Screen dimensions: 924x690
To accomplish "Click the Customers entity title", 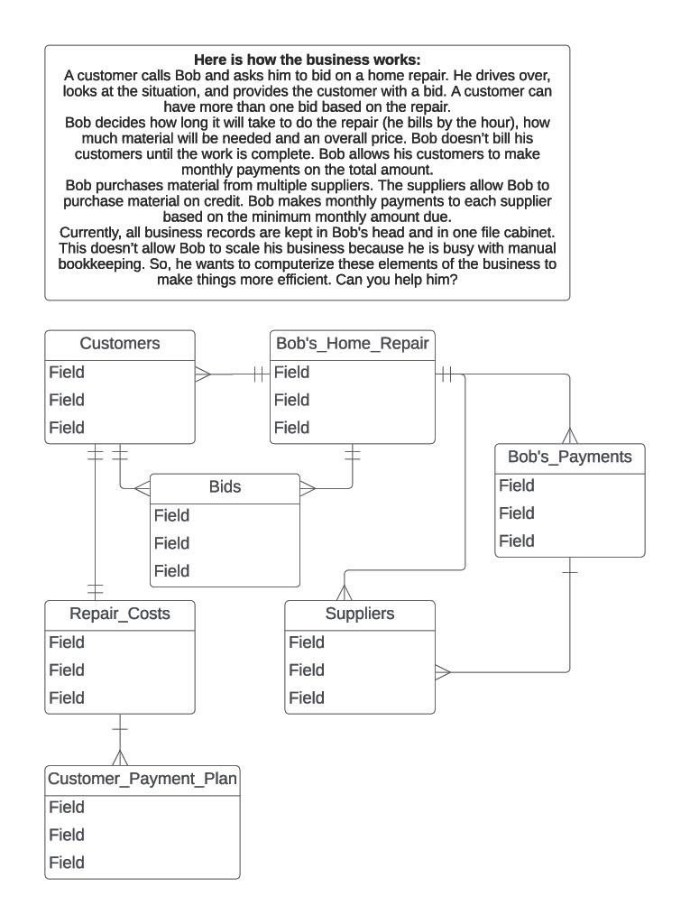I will tap(120, 344).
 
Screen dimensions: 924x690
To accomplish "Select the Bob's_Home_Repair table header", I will tap(352, 344).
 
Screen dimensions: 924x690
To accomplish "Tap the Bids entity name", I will tap(225, 487).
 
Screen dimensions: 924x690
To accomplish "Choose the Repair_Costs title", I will tap(120, 614).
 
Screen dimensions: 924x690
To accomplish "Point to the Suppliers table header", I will tap(359, 614).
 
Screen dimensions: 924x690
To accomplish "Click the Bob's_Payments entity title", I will tap(569, 457).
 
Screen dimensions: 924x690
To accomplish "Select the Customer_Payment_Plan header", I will tap(143, 779).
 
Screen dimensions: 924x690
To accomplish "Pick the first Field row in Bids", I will tap(171, 516).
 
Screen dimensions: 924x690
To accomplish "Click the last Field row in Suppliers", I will tap(306, 698).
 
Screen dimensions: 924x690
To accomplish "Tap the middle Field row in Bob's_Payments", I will tap(517, 514).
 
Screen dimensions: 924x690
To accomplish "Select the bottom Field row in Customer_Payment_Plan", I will tap(67, 864).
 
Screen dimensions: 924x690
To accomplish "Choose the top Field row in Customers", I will tap(67, 373).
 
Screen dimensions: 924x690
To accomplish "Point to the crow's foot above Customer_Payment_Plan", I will tap(119, 756).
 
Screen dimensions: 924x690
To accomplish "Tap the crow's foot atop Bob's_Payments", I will tap(569, 435).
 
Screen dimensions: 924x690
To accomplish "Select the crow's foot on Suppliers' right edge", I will tap(443, 672).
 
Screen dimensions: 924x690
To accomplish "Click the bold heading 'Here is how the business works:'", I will tap(308, 60).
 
